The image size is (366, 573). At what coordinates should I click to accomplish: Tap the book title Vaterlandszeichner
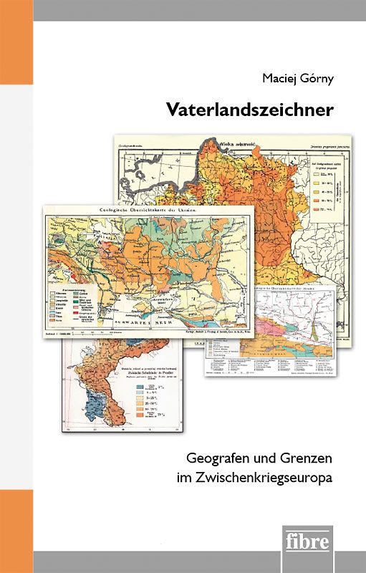click(x=250, y=110)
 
